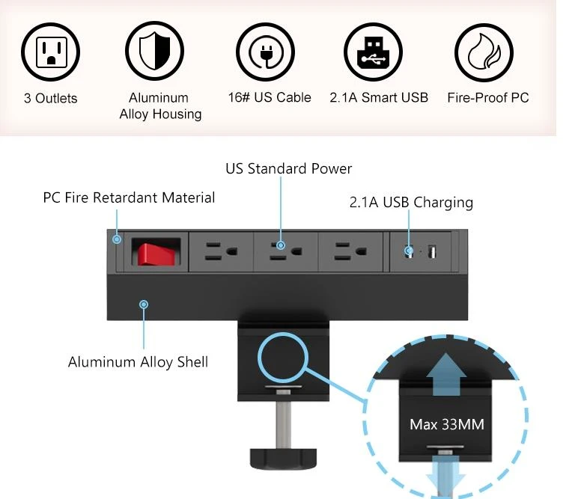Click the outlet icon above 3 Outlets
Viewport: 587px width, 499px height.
pos(51,52)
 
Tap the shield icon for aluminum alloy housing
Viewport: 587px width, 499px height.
pos(154,51)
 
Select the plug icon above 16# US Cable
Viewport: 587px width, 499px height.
pos(265,52)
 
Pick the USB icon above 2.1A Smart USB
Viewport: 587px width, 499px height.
pos(373,52)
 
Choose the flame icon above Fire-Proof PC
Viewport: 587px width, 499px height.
pos(484,52)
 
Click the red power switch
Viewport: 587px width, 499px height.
pos(154,254)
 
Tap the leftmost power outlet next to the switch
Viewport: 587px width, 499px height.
pos(221,251)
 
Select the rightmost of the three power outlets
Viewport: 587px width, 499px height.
pos(350,251)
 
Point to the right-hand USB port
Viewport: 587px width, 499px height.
pos(432,251)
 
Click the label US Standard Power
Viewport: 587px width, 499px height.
pos(289,169)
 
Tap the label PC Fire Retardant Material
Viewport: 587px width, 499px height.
pos(129,198)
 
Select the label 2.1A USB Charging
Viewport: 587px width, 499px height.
pos(411,202)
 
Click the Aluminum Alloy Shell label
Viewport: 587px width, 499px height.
pos(138,362)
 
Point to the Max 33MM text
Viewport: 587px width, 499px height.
pos(447,425)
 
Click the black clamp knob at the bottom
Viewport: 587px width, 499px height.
pos(283,459)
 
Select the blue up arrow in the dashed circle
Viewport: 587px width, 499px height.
pos(446,374)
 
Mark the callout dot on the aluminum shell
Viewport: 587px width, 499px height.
pos(144,304)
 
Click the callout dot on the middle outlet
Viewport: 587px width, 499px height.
pos(280,245)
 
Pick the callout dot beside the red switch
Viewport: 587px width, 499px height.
pos(117,239)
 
